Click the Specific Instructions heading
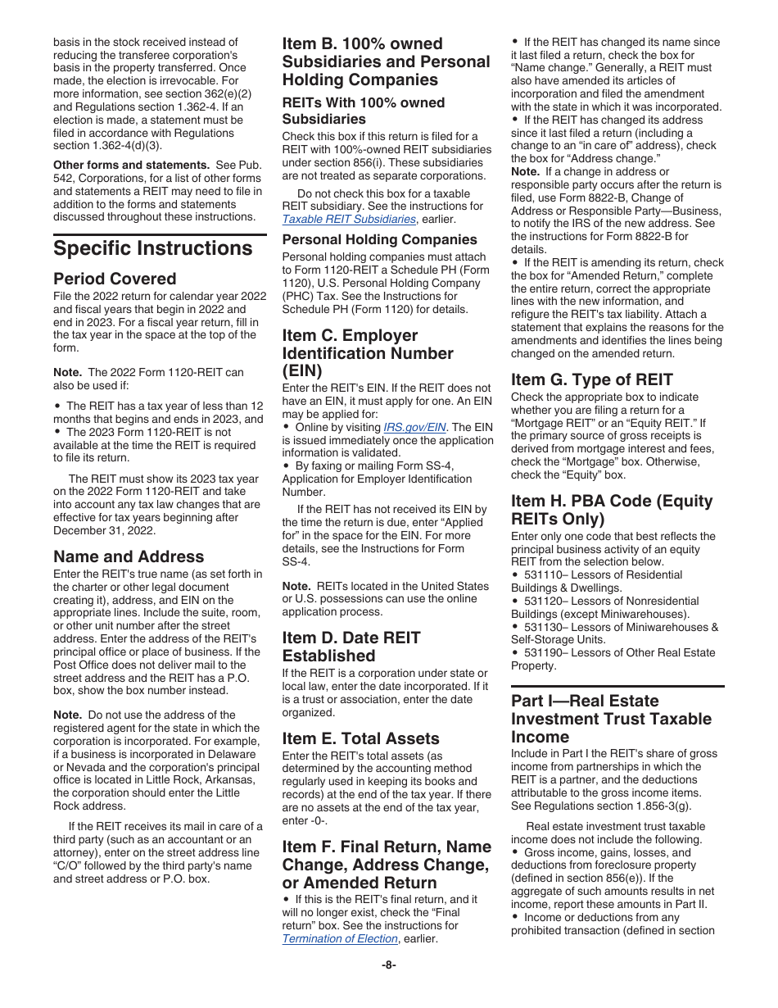pos(153,248)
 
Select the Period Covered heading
pos(115,279)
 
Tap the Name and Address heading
pos(129,556)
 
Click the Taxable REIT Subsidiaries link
pos(349,220)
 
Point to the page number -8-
pos(389,965)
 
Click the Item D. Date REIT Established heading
pos(351,647)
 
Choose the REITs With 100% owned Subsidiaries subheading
pos(364,111)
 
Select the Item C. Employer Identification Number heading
pos(368,353)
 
